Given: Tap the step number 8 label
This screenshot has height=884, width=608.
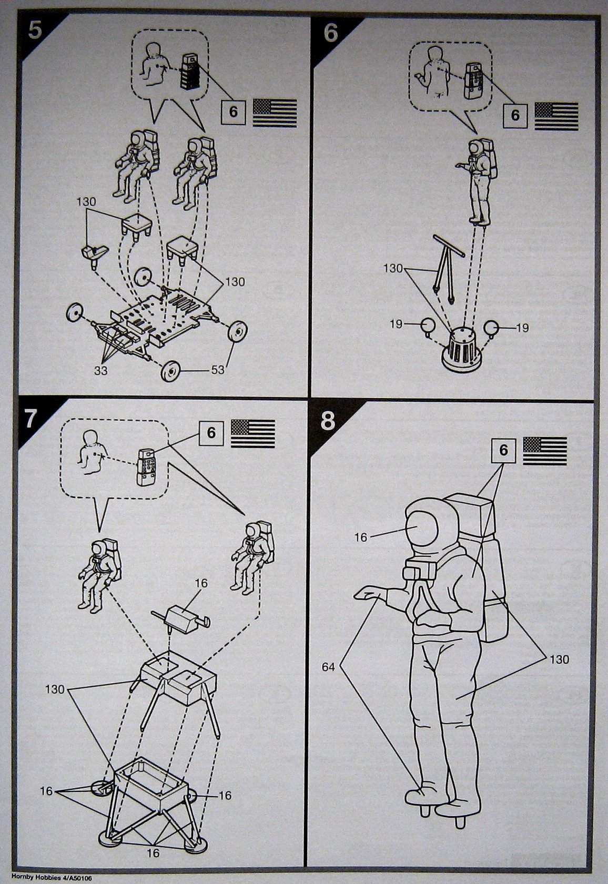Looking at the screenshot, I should [x=327, y=421].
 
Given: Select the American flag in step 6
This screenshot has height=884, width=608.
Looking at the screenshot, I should [x=556, y=116].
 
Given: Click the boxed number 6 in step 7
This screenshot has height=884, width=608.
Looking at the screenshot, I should [x=211, y=432].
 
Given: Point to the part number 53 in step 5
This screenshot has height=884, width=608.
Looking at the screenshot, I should [x=217, y=370].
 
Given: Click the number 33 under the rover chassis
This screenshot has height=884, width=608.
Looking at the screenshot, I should [x=101, y=370].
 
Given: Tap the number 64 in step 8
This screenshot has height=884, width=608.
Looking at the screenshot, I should [x=328, y=667].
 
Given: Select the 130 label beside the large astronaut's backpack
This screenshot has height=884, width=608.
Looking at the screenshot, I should [x=559, y=659].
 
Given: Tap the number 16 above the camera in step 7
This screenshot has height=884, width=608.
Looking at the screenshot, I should [x=201, y=583].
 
